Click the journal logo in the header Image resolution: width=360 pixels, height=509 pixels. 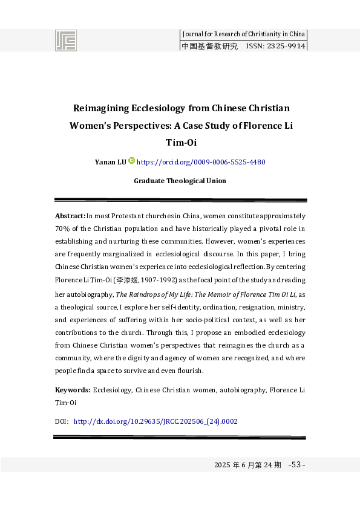67,41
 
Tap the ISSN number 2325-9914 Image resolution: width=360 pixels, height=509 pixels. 285,46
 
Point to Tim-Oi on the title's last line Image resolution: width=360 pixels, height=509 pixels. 180,143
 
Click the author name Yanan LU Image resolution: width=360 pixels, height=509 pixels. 111,162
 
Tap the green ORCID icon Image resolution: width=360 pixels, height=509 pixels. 132,161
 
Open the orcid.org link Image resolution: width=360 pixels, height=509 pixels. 201,162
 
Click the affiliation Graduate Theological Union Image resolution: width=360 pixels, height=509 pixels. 180,181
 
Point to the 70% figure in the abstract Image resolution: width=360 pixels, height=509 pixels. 62,228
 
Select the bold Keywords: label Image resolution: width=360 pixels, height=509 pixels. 73,391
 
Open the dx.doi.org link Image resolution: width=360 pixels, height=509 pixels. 155,421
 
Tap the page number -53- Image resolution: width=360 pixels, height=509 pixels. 298,465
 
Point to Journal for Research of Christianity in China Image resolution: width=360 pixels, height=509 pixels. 244,34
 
